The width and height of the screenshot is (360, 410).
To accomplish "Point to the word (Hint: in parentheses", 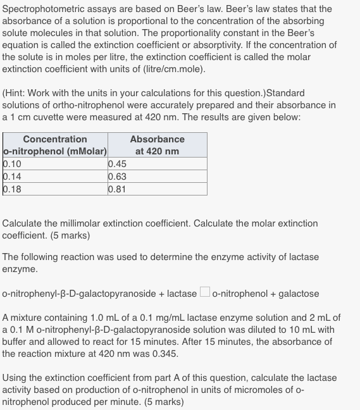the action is pyautogui.click(x=15, y=93).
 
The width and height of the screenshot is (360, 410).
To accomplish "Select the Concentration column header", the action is pyautogui.click(x=55, y=139).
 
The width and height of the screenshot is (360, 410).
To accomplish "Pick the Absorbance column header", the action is pyautogui.click(x=157, y=139).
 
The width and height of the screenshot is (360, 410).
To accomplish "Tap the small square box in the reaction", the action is pyautogui.click(x=205, y=293).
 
